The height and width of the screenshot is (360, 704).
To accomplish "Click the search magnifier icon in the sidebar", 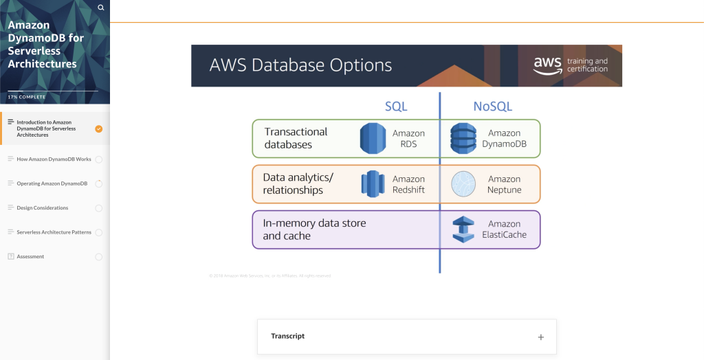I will click(x=101, y=8).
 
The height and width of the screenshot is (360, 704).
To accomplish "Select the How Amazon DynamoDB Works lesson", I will click(x=54, y=159).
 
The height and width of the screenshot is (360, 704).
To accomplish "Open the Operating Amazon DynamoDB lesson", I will click(x=52, y=183).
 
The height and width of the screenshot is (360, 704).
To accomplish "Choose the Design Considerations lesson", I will click(x=42, y=208).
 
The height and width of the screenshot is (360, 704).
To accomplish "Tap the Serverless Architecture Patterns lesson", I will click(x=54, y=232).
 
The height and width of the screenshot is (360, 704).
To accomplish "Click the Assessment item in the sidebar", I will click(x=30, y=257).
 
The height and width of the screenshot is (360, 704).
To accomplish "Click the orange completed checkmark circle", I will click(x=99, y=128).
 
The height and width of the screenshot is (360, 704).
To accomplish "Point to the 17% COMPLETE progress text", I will click(x=27, y=97).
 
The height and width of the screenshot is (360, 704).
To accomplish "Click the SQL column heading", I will click(x=396, y=106).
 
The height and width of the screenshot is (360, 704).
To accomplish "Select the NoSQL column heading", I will click(x=492, y=106).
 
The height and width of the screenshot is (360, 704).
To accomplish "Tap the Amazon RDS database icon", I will click(x=373, y=139).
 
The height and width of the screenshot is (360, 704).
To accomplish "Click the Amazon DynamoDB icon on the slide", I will click(x=463, y=139).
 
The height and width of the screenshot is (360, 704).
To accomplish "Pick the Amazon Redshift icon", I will click(x=373, y=184).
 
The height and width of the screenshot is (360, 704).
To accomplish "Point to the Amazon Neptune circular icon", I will click(x=463, y=184).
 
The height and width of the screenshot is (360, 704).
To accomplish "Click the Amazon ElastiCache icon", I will click(x=463, y=229).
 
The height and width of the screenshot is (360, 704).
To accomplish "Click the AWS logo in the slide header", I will click(x=547, y=65).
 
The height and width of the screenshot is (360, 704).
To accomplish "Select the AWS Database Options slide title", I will click(x=300, y=65).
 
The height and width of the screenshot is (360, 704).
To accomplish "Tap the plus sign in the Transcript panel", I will click(x=541, y=337).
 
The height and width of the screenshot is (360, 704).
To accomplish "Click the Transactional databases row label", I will click(x=296, y=138).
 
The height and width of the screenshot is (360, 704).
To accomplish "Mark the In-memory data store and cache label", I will click(x=314, y=229).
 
